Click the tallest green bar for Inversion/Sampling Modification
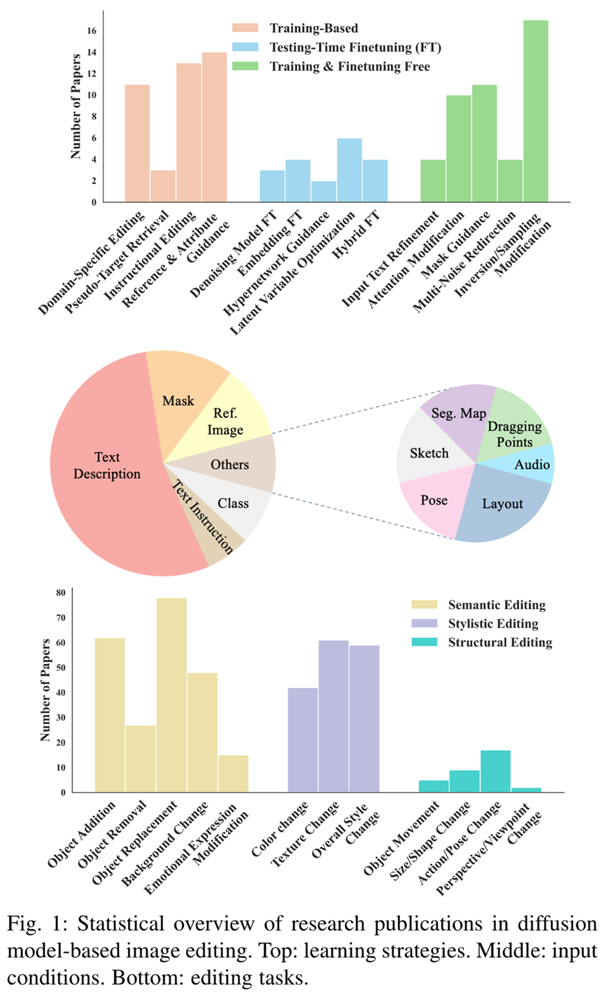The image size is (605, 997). (x=536, y=112)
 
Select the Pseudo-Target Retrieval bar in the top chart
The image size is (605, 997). (x=163, y=186)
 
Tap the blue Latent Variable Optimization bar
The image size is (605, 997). (x=349, y=170)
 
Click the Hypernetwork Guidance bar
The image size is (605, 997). (x=323, y=191)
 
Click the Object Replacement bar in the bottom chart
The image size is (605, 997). (x=171, y=695)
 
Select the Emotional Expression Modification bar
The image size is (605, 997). (x=233, y=774)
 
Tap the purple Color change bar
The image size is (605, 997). (x=303, y=740)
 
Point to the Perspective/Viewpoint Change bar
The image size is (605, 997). (x=526, y=790)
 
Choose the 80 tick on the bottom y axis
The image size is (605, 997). (x=61, y=593)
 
